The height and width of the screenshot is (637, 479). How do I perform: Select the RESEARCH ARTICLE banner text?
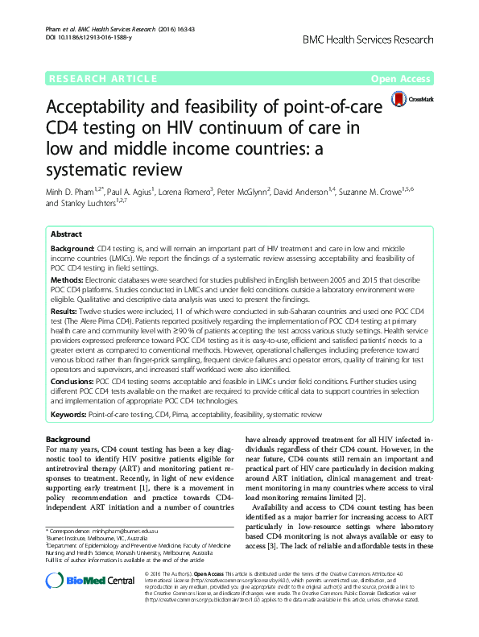[102, 79]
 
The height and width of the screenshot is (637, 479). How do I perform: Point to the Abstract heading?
[66, 234]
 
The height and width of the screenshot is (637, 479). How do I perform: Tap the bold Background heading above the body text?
[68, 439]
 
